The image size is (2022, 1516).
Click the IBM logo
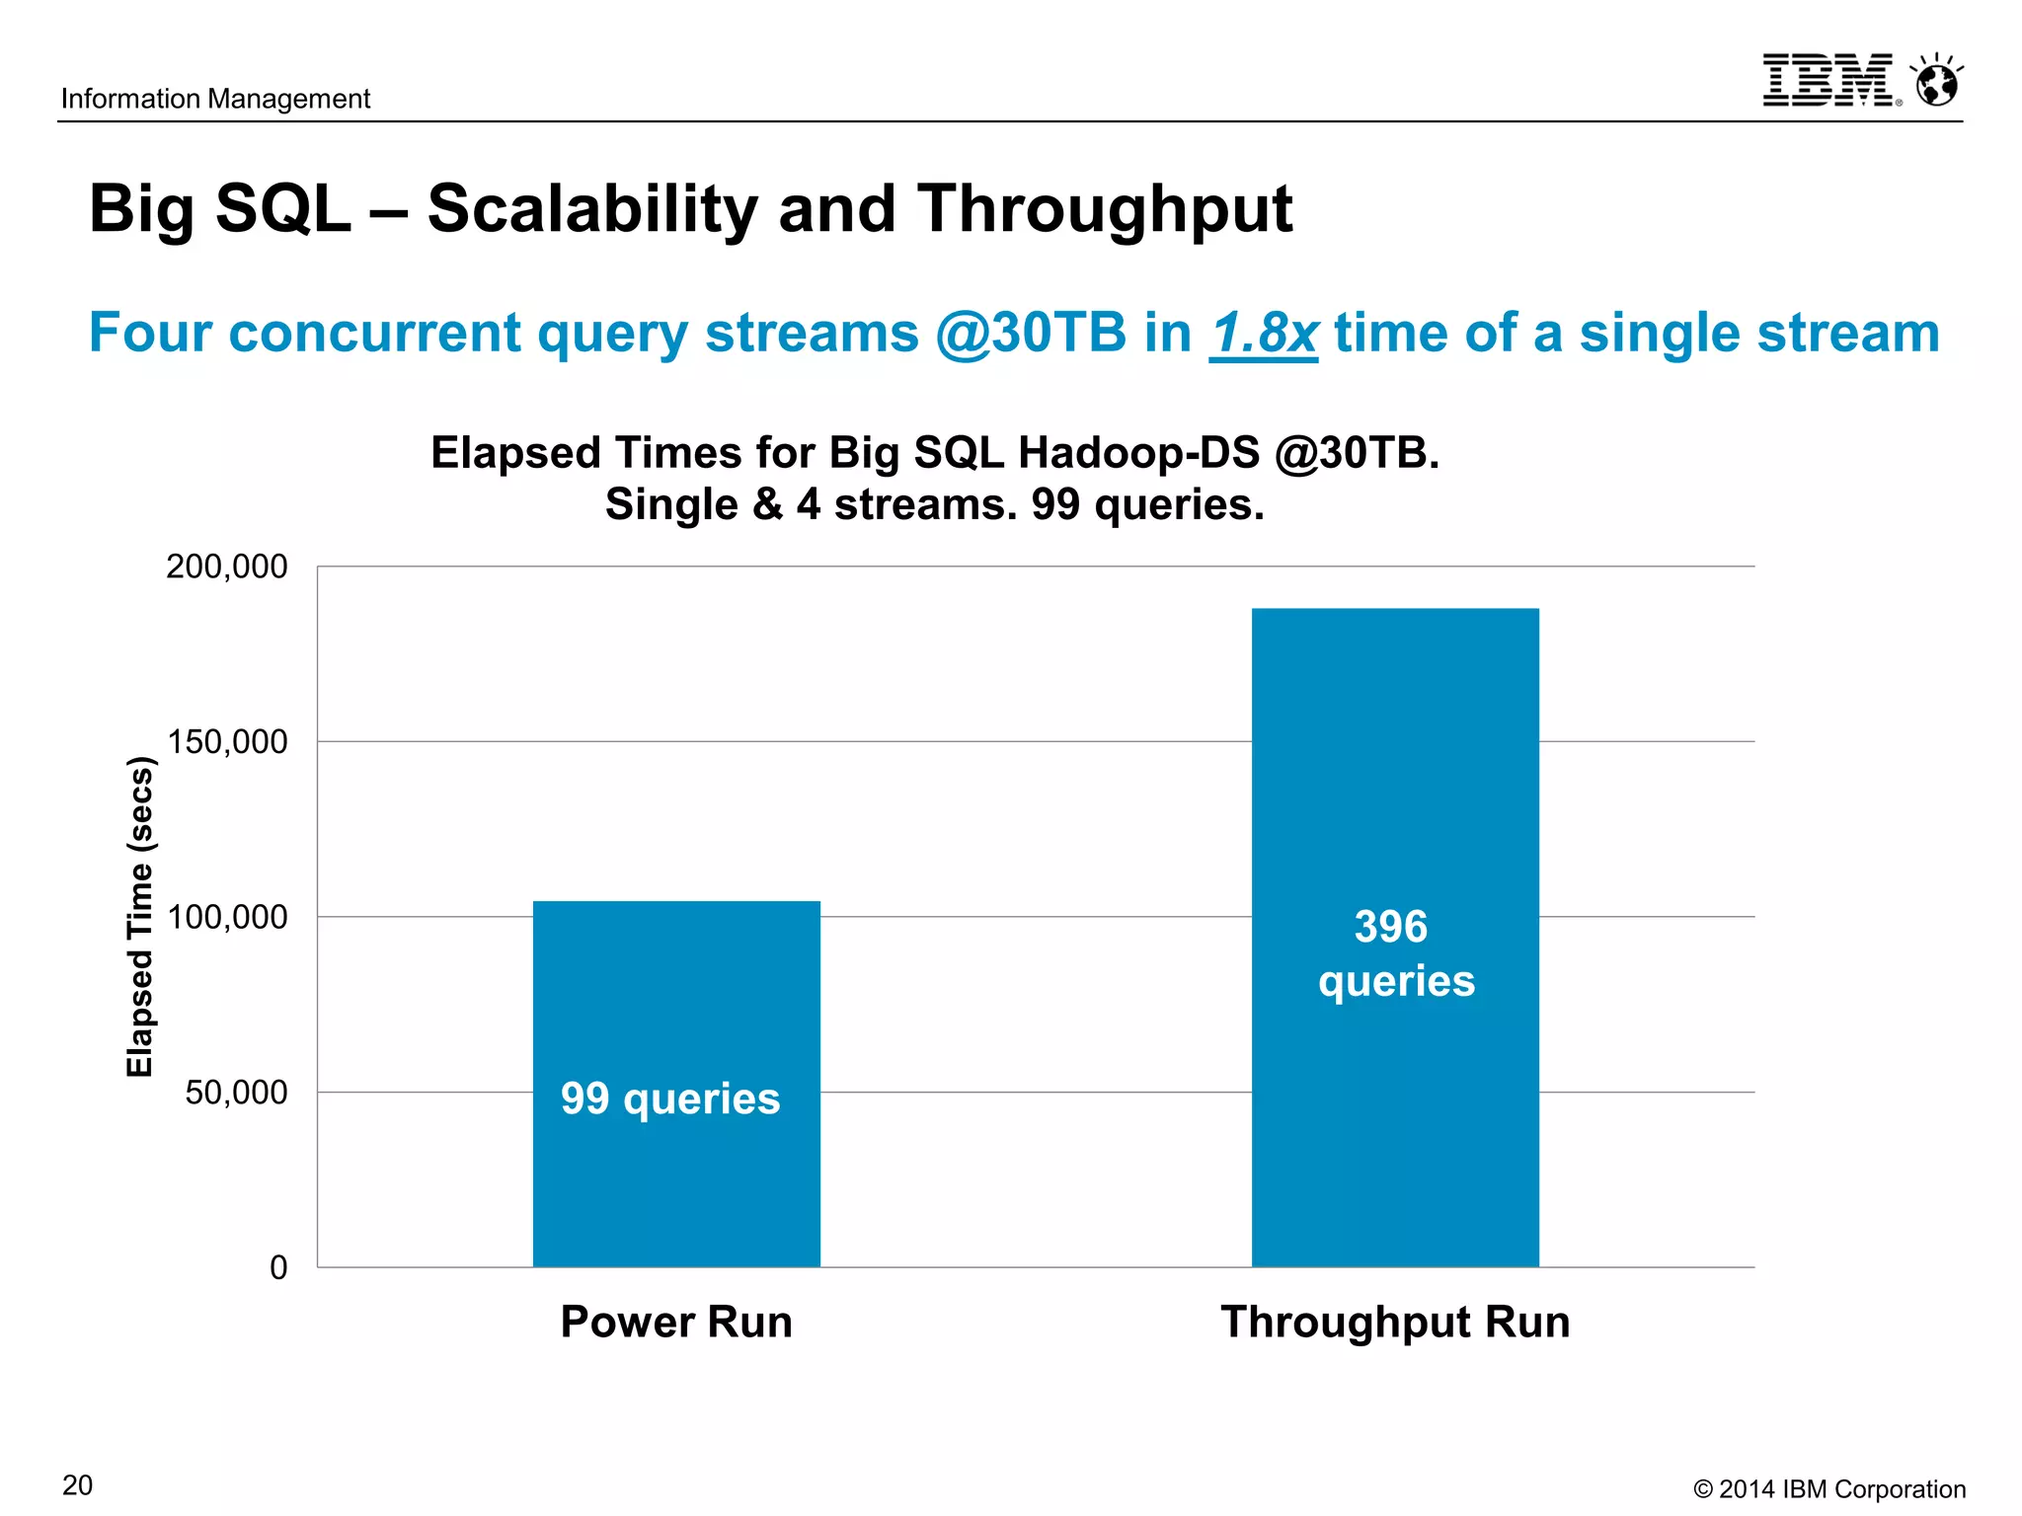click(1827, 80)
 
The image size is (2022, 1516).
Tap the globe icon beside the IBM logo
click(1936, 82)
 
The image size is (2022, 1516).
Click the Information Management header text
click(215, 99)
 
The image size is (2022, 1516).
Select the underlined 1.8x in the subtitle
click(1263, 333)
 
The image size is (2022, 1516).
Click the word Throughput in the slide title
click(1104, 209)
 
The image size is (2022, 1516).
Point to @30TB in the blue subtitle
click(1030, 333)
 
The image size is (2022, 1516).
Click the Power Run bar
click(676, 987)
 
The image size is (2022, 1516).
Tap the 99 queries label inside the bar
click(670, 1099)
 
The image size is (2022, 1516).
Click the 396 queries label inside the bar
click(1394, 953)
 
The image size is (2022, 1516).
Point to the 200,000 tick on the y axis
click(227, 567)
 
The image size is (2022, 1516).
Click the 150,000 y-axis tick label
click(227, 742)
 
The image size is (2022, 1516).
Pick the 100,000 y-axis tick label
click(227, 917)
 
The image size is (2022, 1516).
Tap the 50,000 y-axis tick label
click(236, 1093)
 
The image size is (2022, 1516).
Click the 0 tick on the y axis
click(278, 1268)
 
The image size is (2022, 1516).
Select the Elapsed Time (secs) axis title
click(140, 916)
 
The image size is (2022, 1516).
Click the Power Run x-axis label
click(676, 1322)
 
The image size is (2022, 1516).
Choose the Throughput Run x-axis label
click(1394, 1322)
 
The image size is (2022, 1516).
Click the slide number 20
click(78, 1485)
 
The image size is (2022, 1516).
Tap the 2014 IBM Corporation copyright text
click(1828, 1489)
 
